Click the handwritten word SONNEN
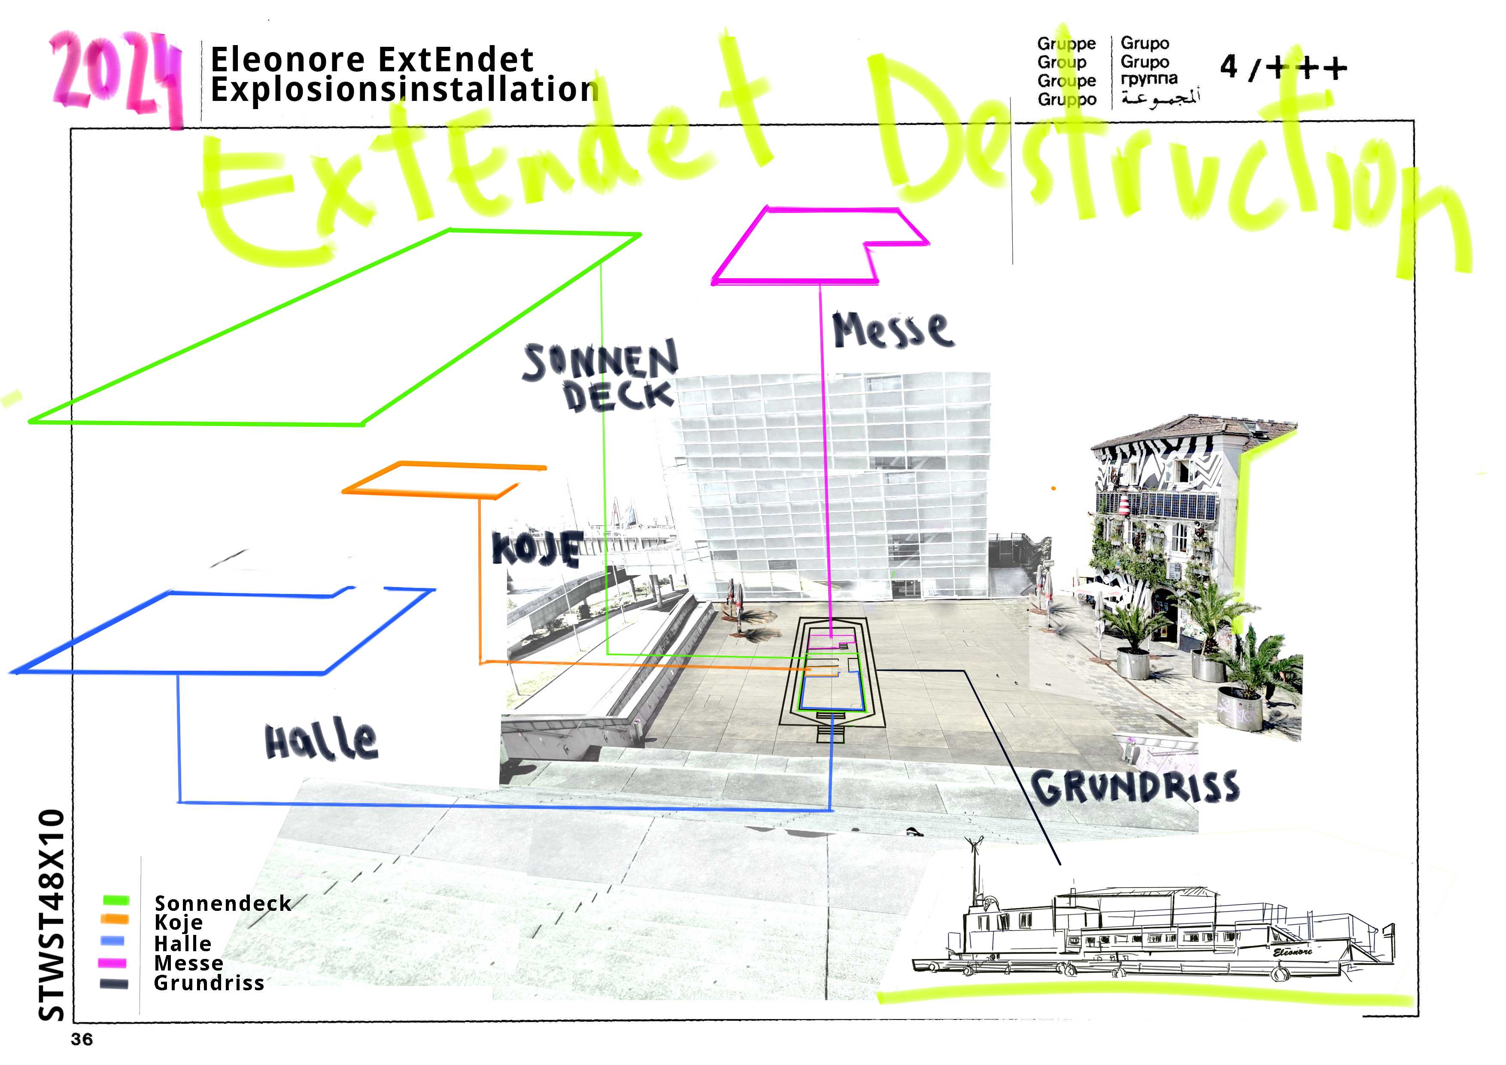pos(600,361)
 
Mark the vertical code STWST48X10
pos(52,916)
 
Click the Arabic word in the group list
pos(1160,98)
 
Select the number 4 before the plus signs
pos(1229,67)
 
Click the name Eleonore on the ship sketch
pos(1292,952)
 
